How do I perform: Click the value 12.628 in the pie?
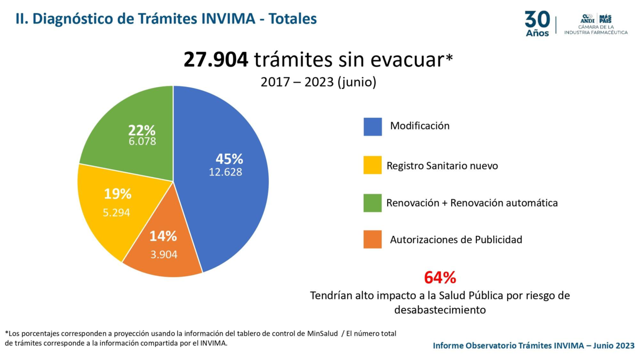pos(225,172)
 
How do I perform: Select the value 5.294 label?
pos(116,212)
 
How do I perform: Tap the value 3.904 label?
pos(164,254)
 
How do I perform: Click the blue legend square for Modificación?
pos(373,126)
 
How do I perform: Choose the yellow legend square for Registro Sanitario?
pos(373,165)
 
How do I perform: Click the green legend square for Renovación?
pos(373,203)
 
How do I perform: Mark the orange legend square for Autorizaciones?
pos(373,239)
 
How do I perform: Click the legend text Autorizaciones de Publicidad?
pos(456,239)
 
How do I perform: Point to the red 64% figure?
pos(440,277)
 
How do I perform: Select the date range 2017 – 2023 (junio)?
pos(318,83)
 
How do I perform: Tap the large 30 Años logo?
pos(537,23)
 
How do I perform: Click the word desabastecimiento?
pos(440,309)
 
